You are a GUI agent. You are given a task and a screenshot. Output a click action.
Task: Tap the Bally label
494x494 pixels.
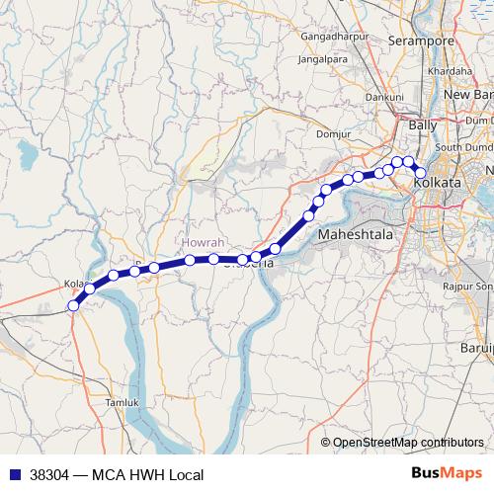pyautogui.click(x=423, y=126)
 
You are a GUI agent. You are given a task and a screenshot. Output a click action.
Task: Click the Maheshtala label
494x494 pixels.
pyautogui.click(x=355, y=236)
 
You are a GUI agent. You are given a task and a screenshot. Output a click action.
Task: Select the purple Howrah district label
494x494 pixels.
pyautogui.click(x=204, y=242)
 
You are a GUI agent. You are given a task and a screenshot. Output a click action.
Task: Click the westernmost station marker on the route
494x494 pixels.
pyautogui.click(x=73, y=306)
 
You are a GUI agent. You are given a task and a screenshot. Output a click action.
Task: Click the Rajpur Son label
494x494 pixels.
pyautogui.click(x=468, y=287)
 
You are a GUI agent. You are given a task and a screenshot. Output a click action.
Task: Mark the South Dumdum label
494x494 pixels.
pyautogui.click(x=464, y=148)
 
